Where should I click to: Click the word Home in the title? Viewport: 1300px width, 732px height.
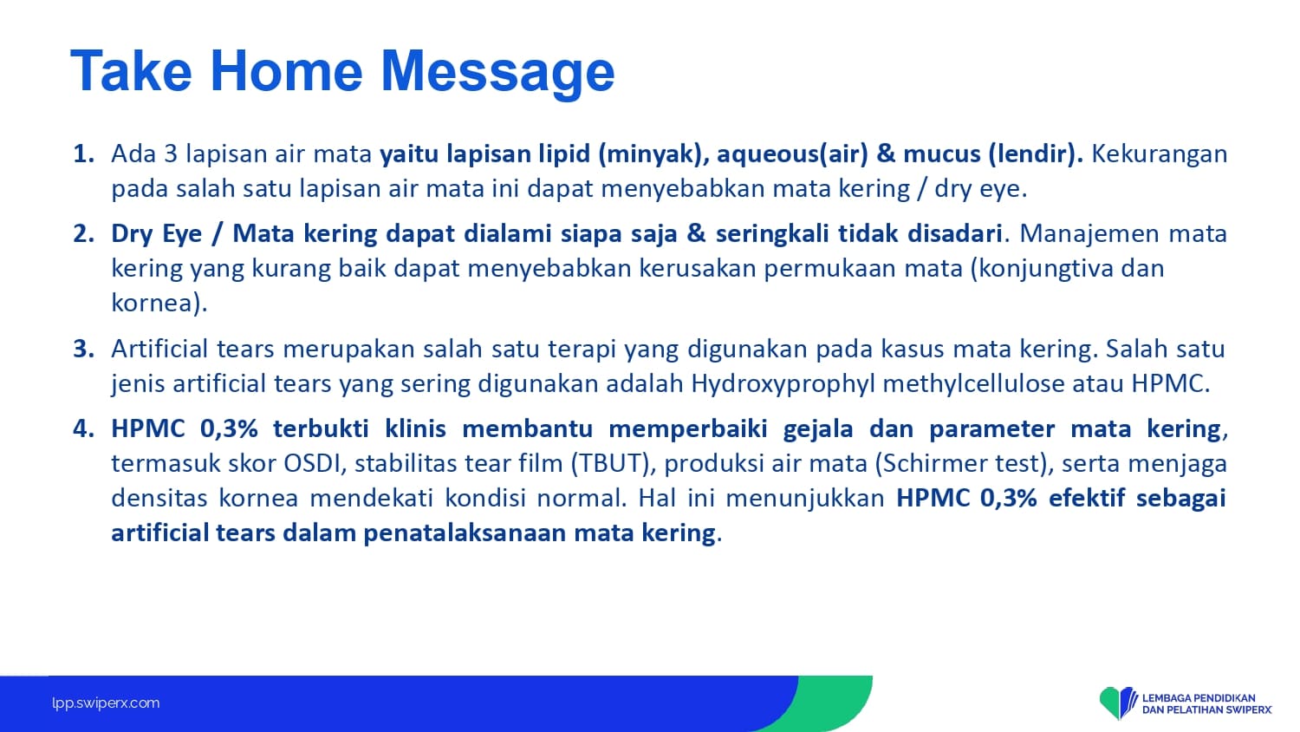click(286, 71)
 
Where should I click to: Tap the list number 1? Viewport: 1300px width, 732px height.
click(83, 154)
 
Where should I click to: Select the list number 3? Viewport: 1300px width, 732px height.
click(83, 349)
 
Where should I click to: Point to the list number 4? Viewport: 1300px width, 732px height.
click(83, 428)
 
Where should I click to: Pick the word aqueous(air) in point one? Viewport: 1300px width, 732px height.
click(793, 154)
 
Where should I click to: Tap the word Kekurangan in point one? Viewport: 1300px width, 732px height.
click(1160, 154)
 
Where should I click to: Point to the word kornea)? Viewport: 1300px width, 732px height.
click(159, 304)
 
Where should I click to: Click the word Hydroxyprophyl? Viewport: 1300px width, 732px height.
click(783, 384)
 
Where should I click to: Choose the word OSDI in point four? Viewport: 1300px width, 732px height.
click(314, 464)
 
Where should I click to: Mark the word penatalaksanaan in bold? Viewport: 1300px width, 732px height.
click(465, 533)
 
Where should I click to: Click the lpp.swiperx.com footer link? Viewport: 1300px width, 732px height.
click(106, 703)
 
